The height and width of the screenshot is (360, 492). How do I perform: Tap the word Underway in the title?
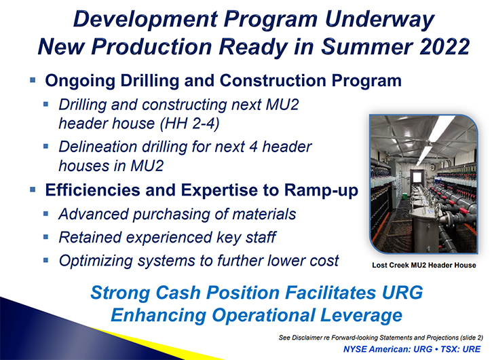pos(379,20)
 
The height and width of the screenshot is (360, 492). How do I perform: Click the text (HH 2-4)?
pos(189,124)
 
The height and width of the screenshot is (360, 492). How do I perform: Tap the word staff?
pos(261,237)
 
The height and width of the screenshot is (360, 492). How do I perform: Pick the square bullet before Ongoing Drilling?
pos(33,79)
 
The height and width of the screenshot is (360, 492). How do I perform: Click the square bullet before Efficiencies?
pos(33,190)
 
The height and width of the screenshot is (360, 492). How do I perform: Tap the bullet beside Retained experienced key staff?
pos(46,236)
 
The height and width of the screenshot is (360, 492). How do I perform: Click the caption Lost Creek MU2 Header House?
pos(424,265)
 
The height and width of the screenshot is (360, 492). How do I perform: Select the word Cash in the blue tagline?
pos(178,293)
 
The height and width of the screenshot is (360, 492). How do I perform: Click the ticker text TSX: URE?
pos(461,349)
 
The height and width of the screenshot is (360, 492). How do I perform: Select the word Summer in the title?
pos(366,46)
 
